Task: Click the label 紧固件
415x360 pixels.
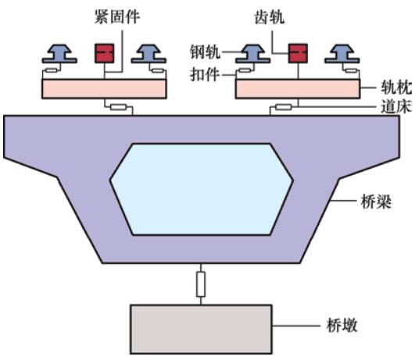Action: pyautogui.click(x=117, y=17)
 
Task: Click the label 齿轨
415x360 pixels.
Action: pyautogui.click(x=270, y=17)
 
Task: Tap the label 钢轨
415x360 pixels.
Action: pyautogui.click(x=205, y=52)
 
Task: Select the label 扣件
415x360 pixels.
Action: pyautogui.click(x=205, y=75)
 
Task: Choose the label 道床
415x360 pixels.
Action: pyautogui.click(x=396, y=107)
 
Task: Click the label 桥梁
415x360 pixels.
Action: pyautogui.click(x=376, y=201)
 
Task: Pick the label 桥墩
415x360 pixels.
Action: pyautogui.click(x=342, y=325)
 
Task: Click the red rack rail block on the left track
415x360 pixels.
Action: pyautogui.click(x=105, y=53)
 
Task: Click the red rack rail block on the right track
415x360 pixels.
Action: pyautogui.click(x=298, y=53)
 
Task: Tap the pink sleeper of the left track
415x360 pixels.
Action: pyautogui.click(x=104, y=89)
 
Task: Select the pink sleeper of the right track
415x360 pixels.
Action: pyautogui.click(x=298, y=89)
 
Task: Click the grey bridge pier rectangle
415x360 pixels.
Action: pyautogui.click(x=201, y=330)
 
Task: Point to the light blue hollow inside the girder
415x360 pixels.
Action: pyautogui.click(x=202, y=189)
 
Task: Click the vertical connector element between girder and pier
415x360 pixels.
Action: pyautogui.click(x=201, y=284)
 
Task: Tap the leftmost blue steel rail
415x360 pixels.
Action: pyautogui.click(x=59, y=54)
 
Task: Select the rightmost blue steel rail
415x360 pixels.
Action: pyautogui.click(x=342, y=54)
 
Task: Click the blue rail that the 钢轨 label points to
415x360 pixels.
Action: pyautogui.click(x=253, y=54)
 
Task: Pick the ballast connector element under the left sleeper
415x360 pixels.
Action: pyautogui.click(x=119, y=107)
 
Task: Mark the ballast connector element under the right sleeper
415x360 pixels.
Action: pyautogui.click(x=284, y=107)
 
